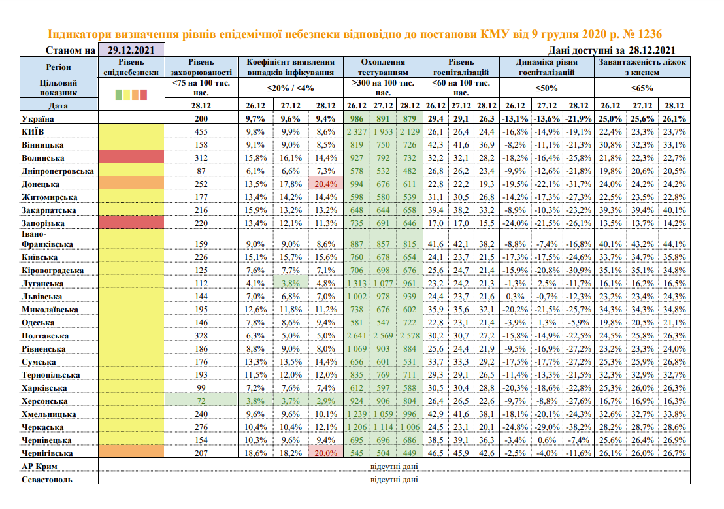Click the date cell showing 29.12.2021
131,50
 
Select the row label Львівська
42,296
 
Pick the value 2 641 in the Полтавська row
357,335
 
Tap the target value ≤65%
642,88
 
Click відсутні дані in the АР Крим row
394,466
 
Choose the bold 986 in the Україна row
357,119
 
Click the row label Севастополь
48,479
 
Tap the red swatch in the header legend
144,95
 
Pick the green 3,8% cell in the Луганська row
289,283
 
